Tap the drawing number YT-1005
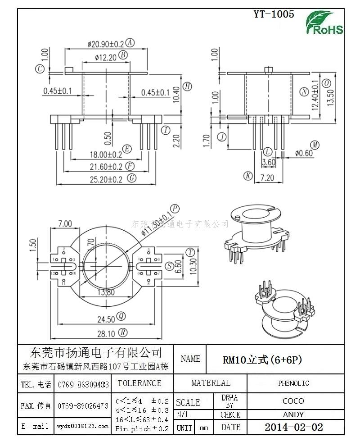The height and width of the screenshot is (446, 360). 274,14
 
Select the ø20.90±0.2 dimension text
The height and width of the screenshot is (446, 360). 105,44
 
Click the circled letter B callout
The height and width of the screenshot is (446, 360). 123,55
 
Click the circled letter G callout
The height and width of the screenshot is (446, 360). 132,178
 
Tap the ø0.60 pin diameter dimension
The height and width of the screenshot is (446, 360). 304,153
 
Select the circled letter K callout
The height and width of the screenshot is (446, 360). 247,176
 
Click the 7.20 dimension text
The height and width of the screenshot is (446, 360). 267,177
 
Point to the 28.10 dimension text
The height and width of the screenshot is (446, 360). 106,333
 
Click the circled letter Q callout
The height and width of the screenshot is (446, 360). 121,317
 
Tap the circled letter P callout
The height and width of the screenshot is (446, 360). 175,208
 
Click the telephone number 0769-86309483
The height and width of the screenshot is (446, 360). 84,385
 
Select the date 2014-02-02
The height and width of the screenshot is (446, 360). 293,427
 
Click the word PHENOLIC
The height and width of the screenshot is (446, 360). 293,383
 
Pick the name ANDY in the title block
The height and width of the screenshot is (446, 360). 293,414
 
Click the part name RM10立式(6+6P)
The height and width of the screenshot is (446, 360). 262,360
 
